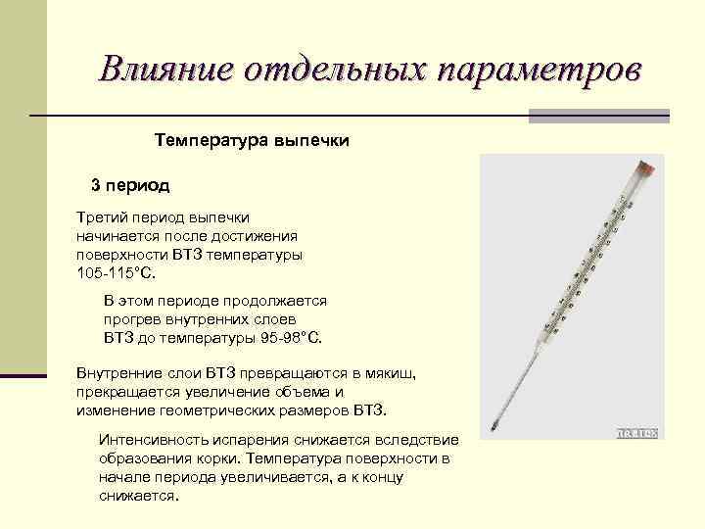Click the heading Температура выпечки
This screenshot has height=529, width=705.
pos(252,141)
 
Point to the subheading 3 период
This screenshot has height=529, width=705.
pos(130,184)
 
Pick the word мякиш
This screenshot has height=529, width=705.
pos(393,373)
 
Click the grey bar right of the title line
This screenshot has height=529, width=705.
pos(599,116)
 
